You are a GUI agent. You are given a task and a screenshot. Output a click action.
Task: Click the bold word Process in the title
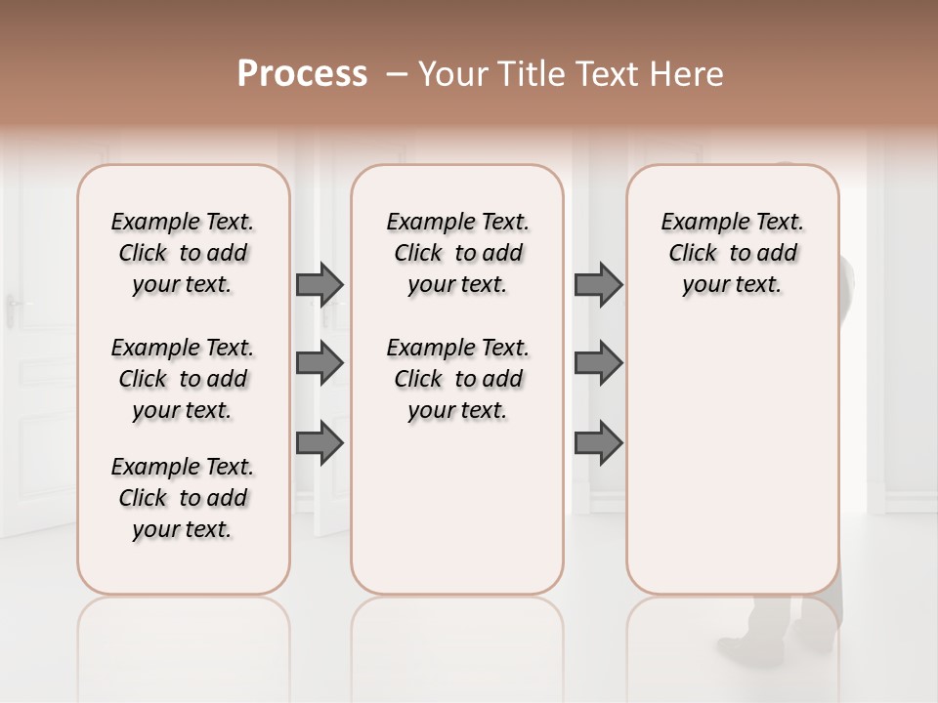click(x=302, y=74)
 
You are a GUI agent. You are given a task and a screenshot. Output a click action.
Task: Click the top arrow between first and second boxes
click(x=320, y=285)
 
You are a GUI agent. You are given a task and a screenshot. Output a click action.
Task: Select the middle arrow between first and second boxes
click(x=320, y=363)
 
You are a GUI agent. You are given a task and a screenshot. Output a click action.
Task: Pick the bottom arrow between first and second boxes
click(x=320, y=443)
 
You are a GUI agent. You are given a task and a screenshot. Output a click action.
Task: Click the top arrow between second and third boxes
click(x=598, y=285)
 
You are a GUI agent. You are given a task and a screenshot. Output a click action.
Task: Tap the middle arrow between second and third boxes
click(x=598, y=363)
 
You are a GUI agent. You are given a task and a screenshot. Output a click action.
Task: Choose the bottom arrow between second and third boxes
click(x=598, y=443)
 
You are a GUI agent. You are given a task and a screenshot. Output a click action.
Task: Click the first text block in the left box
click(x=183, y=253)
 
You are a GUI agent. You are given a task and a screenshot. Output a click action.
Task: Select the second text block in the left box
click(x=183, y=379)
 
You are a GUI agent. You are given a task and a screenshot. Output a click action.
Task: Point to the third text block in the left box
click(x=183, y=498)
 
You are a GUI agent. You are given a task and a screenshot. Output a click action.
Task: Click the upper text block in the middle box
click(x=457, y=253)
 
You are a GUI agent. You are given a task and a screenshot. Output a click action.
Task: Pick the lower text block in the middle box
click(x=457, y=379)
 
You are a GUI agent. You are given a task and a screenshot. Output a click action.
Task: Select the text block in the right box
click(x=732, y=253)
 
